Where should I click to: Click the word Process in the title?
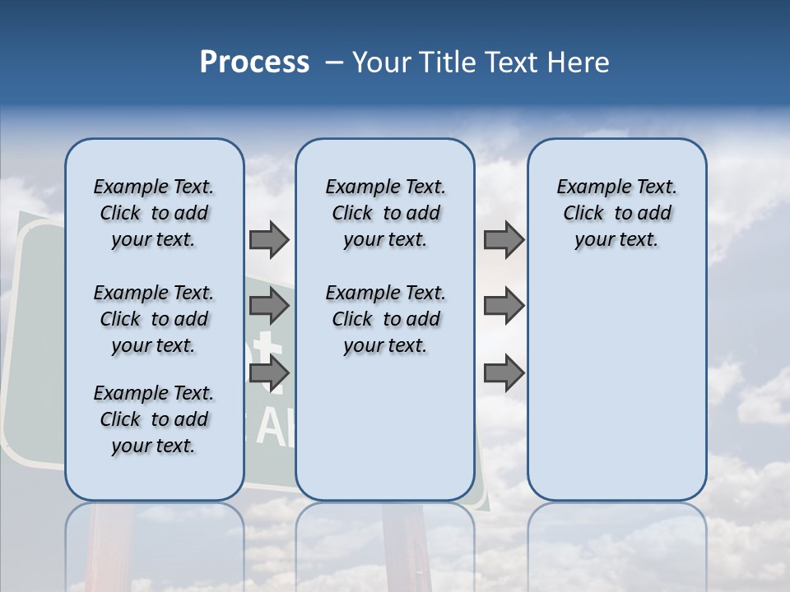tap(254, 62)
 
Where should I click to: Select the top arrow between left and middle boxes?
tap(269, 240)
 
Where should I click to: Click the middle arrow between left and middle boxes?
tap(269, 307)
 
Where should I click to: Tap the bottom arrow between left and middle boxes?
tap(269, 374)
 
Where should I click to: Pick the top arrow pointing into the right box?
tap(504, 240)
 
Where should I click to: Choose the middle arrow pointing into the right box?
tap(504, 307)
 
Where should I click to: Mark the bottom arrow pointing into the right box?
tap(504, 374)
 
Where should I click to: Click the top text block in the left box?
tap(154, 213)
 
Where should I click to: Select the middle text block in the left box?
tap(154, 319)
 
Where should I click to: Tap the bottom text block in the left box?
tap(154, 419)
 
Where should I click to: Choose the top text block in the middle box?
tap(385, 213)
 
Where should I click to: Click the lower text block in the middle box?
tap(385, 319)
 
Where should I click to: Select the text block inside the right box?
tap(617, 213)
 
